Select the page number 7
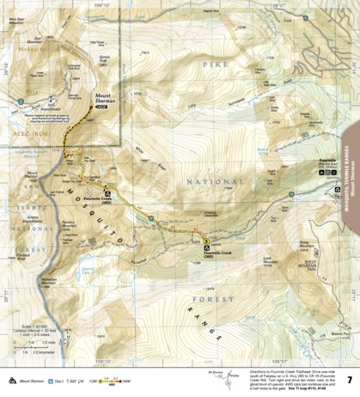(x=348, y=379)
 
